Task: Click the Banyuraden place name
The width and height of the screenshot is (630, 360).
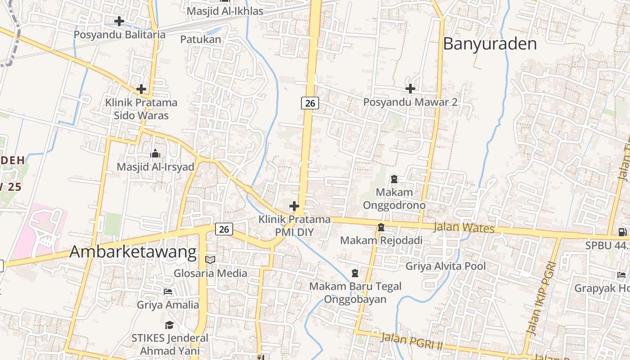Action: click(490, 44)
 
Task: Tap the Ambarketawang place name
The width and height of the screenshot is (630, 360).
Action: click(133, 252)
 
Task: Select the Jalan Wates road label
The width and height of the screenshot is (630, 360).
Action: click(464, 227)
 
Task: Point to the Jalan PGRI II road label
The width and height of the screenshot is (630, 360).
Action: click(412, 341)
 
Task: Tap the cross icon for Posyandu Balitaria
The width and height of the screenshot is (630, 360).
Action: click(119, 21)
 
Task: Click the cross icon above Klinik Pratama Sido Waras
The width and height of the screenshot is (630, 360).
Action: click(141, 89)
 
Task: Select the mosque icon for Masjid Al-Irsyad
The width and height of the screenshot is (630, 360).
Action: click(155, 154)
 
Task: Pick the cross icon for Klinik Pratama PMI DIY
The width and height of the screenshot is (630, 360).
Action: click(294, 207)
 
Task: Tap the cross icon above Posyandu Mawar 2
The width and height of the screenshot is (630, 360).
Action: click(410, 89)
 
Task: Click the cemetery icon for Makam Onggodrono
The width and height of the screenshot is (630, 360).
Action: click(394, 179)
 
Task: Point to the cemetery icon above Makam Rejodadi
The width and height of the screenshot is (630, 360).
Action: click(381, 227)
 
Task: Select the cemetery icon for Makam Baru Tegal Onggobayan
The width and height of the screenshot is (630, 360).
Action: click(355, 273)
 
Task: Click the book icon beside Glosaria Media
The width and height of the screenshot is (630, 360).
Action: click(210, 260)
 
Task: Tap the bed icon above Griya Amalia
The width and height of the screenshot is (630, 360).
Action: click(168, 292)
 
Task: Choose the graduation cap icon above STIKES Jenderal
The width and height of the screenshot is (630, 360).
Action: click(169, 325)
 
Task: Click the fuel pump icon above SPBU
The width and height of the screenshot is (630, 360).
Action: click(622, 232)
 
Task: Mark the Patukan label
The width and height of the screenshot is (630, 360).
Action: click(201, 40)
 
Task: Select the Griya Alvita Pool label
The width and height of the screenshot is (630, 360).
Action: click(445, 266)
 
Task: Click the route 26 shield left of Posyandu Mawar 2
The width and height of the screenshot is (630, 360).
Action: click(310, 103)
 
